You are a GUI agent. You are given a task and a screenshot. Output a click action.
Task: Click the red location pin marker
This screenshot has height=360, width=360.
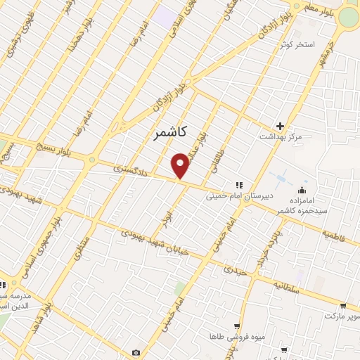point(181,165)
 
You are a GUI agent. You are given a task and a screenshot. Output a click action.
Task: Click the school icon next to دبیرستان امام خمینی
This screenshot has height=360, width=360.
point(238,184)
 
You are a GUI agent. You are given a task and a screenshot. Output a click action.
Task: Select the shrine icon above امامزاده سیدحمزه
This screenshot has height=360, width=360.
point(302,189)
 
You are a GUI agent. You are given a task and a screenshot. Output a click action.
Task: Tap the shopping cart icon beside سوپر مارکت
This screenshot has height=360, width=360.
point(342,306)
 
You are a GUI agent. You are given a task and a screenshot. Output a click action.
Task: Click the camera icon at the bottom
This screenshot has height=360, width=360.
point(136,352)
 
